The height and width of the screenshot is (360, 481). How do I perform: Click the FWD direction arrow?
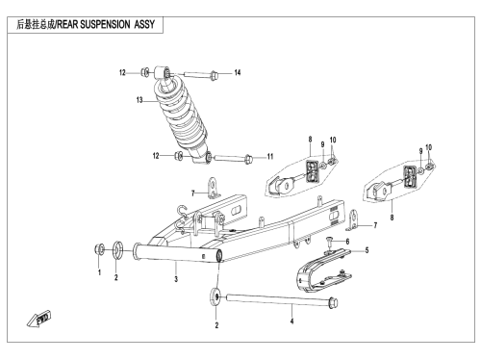pos(38,319)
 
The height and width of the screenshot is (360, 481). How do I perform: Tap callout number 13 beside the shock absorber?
pos(139,100)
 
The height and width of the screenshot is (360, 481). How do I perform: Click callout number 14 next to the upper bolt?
pos(238,73)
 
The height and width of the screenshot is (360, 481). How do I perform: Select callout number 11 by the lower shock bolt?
pos(270,157)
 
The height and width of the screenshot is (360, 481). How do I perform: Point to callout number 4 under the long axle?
pos(291,321)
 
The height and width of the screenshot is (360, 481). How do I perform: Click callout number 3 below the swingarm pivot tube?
pos(176,279)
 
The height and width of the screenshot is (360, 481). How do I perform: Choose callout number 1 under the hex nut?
pos(99,272)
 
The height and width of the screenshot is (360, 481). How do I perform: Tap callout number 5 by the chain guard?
pos(367,250)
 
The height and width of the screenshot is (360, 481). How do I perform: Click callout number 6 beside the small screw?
pos(347,242)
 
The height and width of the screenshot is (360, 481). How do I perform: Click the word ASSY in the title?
pos(144,24)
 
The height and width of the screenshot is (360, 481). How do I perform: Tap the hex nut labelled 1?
pos(99,249)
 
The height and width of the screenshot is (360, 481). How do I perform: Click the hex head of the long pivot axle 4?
pos(334,302)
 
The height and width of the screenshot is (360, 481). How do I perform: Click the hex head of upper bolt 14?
pos(214,76)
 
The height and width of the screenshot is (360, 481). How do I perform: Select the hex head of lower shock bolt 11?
pos(248,159)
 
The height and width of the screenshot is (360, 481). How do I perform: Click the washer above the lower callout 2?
pos(215,296)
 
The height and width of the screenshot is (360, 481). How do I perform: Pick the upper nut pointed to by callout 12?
pos(145,72)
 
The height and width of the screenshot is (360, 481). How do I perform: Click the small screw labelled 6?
pos(329,242)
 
